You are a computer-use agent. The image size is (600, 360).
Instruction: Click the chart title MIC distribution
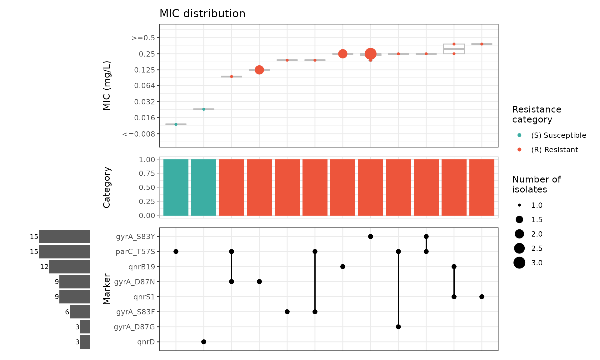[x=202, y=14]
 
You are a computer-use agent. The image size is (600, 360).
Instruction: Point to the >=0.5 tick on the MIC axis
[x=143, y=38]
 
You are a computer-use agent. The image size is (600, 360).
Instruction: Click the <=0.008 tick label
[x=139, y=134]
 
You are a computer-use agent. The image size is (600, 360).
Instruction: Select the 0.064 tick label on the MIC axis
[x=144, y=86]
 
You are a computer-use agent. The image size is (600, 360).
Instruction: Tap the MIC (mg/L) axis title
[x=107, y=85]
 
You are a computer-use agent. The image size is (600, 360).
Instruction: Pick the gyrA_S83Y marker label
[x=135, y=237]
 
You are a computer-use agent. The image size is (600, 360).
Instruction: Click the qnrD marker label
[x=146, y=342]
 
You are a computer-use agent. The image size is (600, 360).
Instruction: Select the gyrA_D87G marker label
[x=134, y=327]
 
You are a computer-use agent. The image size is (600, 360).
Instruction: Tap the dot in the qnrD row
[x=204, y=342]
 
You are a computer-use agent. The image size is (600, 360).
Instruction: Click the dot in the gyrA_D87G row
[x=398, y=327]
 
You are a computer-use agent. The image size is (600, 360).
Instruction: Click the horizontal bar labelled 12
[x=69, y=267]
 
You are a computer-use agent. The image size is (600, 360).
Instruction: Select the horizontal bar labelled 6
[x=80, y=312]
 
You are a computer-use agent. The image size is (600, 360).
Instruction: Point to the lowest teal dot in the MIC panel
[x=176, y=124]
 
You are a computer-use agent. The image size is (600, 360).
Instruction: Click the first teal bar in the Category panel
[x=176, y=187]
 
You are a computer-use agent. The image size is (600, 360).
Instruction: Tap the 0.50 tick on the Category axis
[x=147, y=187]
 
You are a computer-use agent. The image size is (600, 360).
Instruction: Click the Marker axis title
[x=107, y=289]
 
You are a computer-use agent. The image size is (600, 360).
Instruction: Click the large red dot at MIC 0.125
[x=259, y=70]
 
